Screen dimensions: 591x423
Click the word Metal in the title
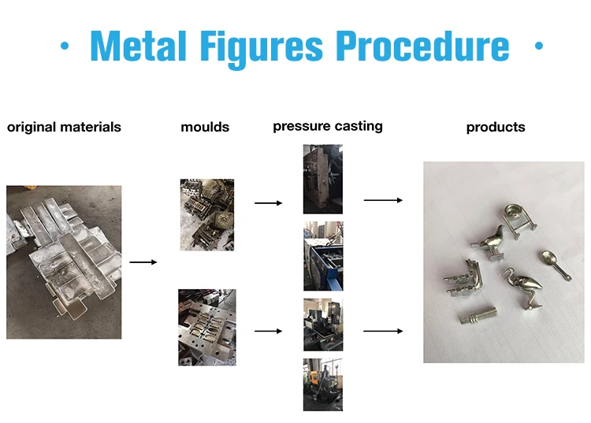(139, 46)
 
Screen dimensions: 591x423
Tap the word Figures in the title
(261, 49)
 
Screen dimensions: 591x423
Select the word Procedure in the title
(422, 46)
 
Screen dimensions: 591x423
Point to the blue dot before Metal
(65, 46)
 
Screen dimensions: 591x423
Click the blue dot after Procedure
(539, 46)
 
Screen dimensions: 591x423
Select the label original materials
(64, 128)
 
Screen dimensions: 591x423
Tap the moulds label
(205, 128)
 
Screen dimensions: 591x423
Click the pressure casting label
(328, 126)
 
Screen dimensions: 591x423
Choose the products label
(496, 128)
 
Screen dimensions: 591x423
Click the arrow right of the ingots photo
(143, 262)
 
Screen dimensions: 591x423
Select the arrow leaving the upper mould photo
(269, 203)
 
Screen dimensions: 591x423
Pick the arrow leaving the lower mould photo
(269, 331)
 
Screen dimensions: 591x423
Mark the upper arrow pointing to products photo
(383, 200)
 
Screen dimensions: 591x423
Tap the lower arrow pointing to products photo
(383, 331)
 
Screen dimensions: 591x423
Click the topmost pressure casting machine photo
(323, 180)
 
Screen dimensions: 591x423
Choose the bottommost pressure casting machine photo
(323, 384)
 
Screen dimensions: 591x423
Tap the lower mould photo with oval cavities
(207, 328)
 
